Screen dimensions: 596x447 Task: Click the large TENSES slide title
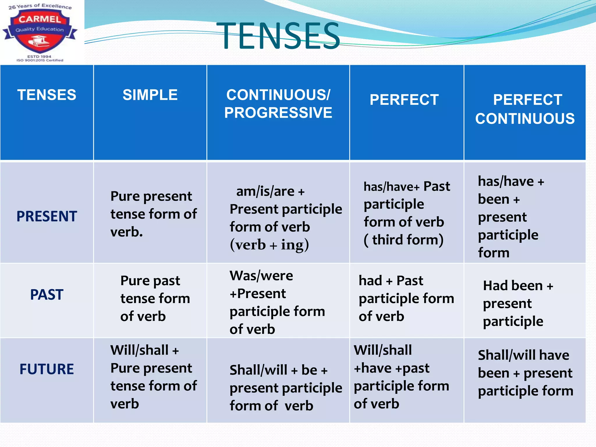(x=278, y=36)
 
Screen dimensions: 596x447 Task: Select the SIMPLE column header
(x=150, y=95)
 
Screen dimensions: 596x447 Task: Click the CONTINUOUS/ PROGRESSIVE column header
(x=278, y=104)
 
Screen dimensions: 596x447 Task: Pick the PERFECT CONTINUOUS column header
(x=525, y=109)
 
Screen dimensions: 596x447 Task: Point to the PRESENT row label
(x=47, y=216)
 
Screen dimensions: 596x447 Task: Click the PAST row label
(x=47, y=295)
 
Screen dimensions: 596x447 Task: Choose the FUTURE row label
(x=47, y=369)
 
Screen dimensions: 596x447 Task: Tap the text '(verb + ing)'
(x=269, y=245)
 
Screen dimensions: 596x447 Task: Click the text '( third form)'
(x=404, y=240)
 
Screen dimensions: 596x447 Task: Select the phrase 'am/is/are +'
(x=270, y=191)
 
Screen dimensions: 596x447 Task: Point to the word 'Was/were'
(x=261, y=276)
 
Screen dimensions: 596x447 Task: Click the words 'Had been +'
(x=518, y=286)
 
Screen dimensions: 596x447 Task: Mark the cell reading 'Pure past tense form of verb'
(x=155, y=298)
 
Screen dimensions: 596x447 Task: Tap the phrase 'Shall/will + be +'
(x=279, y=370)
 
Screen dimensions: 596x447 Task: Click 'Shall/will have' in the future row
(x=523, y=355)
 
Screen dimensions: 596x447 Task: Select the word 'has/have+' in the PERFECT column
(x=391, y=187)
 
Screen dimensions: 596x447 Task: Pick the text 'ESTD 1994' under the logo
(x=39, y=56)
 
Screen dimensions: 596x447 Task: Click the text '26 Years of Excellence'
(x=40, y=6)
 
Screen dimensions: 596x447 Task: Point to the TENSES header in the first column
(x=47, y=95)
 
